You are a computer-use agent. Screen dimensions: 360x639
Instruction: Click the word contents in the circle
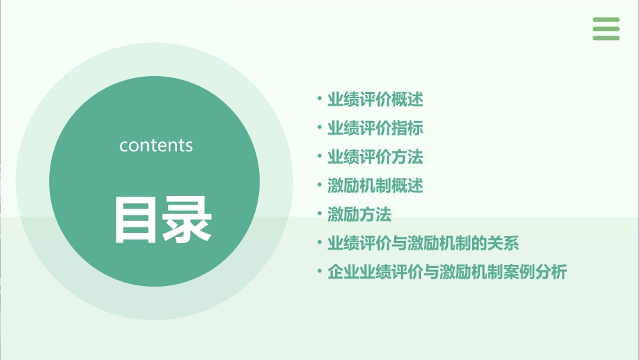pos(156,145)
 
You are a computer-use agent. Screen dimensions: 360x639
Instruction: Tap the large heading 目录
pos(163,220)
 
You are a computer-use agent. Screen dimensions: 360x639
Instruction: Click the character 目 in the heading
pos(137,220)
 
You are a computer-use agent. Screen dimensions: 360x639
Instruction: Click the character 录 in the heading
pos(188,220)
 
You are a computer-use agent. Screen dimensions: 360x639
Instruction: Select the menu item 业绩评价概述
pos(375,100)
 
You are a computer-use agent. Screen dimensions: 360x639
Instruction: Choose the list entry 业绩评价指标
pos(375,128)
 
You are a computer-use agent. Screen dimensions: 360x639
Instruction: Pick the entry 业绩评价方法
pos(375,157)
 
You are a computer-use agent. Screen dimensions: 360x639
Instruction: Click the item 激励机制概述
pos(375,185)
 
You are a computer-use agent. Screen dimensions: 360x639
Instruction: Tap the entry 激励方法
pos(359,215)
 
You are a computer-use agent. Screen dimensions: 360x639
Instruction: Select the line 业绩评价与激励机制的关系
pos(422,243)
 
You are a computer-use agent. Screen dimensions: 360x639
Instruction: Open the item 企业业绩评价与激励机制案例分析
pos(447,273)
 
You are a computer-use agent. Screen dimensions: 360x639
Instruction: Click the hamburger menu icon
pos(606,29)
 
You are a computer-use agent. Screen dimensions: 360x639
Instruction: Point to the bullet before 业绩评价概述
pos(319,100)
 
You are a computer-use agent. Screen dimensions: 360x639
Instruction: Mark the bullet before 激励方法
pos(319,215)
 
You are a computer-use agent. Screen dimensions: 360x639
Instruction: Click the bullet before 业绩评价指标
pos(319,128)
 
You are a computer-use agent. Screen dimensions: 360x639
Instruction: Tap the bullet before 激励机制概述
pos(319,185)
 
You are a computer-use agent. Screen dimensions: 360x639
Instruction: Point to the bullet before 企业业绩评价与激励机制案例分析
pos(319,273)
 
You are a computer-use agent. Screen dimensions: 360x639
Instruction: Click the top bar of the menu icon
pos(606,20)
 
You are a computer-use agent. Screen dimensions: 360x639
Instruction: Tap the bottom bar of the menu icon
pos(606,38)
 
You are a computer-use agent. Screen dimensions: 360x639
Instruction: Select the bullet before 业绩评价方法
pos(319,157)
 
